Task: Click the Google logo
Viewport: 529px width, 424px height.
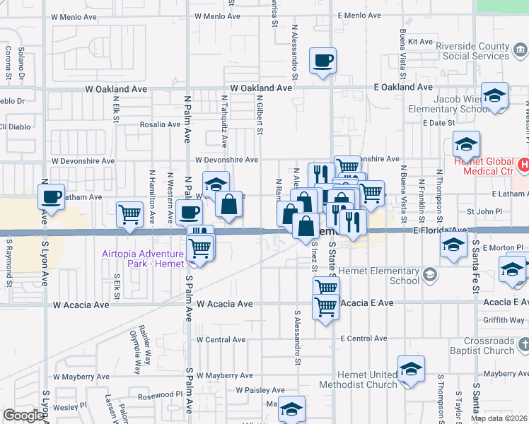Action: tap(23, 416)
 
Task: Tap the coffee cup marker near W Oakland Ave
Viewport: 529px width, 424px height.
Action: tap(323, 61)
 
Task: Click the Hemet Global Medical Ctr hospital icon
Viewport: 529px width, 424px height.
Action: tap(523, 165)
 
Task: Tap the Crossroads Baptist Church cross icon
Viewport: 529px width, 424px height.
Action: tap(523, 345)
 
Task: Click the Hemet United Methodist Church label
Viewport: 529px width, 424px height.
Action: tap(358, 379)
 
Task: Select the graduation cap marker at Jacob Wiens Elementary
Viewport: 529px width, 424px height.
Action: tap(494, 95)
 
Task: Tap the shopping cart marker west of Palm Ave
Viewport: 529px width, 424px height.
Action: tap(129, 213)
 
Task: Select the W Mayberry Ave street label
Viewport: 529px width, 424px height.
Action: tap(225, 375)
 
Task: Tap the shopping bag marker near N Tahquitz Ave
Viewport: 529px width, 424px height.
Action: tap(229, 206)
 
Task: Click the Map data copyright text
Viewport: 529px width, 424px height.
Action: tap(499, 418)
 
